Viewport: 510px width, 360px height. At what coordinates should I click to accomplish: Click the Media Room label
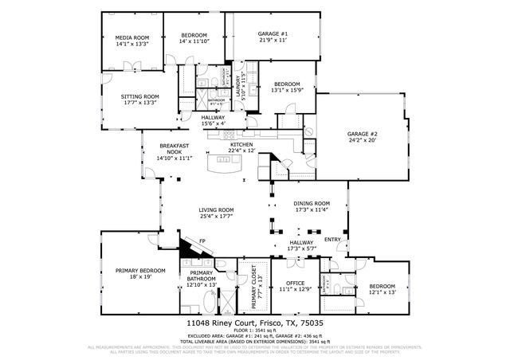coord(132,37)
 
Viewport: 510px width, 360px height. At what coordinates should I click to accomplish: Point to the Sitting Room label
coord(139,96)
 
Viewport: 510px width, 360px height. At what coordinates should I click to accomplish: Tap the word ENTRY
coord(331,239)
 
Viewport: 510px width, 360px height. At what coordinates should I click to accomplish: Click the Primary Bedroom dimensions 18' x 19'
coord(133,276)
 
